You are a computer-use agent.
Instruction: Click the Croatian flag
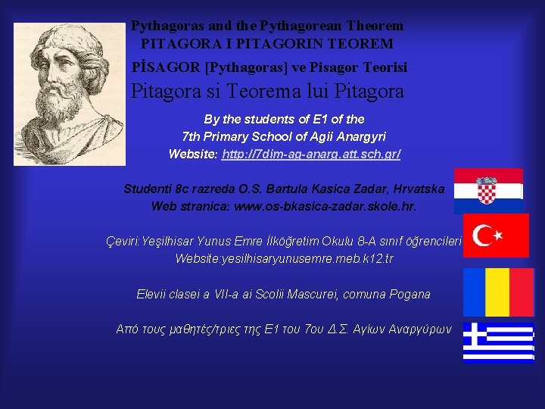point(488,191)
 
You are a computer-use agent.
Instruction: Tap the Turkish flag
point(496,236)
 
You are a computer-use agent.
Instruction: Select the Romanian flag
point(498,292)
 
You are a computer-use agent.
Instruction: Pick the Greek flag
point(498,342)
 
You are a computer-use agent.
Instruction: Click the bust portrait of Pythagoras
point(69,83)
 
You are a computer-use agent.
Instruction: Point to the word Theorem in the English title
point(373,27)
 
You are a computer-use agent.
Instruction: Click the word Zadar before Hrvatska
point(349,189)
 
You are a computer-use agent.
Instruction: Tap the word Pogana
point(410,294)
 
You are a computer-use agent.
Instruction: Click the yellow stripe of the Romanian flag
point(498,292)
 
